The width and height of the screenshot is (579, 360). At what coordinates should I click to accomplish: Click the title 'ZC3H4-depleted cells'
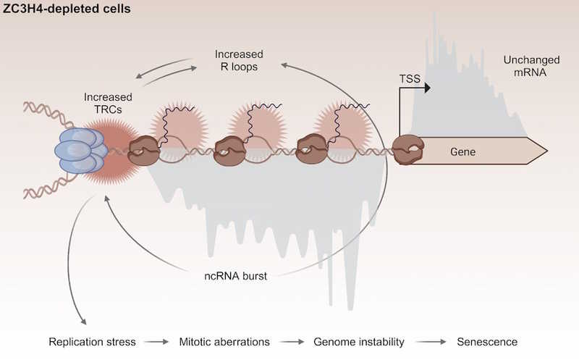(x=67, y=10)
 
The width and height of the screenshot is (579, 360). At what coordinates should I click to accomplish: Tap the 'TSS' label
(x=410, y=78)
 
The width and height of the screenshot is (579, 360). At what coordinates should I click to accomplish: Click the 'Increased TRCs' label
(x=103, y=101)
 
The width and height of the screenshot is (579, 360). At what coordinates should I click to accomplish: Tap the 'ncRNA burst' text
(x=236, y=275)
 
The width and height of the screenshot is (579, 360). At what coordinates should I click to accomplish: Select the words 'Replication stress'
(x=92, y=341)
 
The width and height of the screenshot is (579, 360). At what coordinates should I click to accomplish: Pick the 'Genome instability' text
(x=358, y=341)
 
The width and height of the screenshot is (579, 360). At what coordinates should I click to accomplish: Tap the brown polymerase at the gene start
(x=408, y=149)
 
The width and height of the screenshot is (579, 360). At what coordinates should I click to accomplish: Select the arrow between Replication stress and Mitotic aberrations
(x=158, y=341)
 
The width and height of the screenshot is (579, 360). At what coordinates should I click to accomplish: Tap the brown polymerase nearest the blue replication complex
(x=143, y=149)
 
